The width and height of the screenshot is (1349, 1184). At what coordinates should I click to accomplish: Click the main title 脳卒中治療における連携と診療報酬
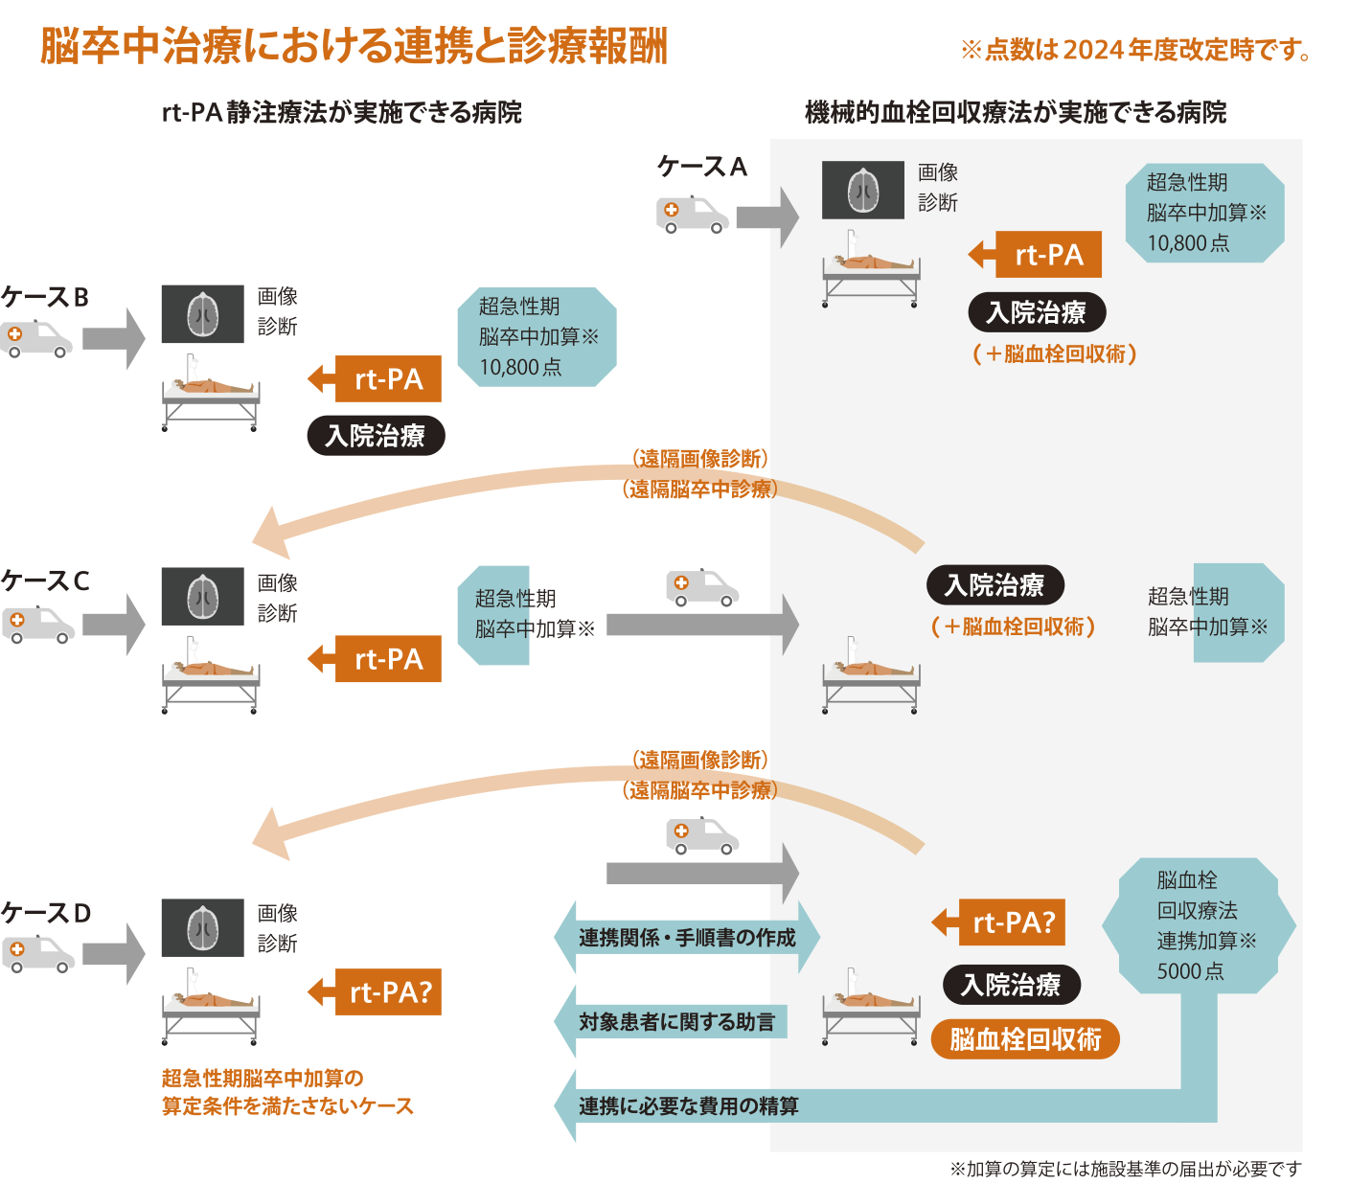click(x=354, y=46)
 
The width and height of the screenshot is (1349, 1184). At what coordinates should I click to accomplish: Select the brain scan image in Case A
click(x=863, y=190)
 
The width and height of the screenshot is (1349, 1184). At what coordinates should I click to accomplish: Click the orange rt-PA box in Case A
click(x=1048, y=255)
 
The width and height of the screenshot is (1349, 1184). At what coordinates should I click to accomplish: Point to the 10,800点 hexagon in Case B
click(x=537, y=336)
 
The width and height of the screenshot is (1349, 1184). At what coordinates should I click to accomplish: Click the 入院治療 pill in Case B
click(x=376, y=436)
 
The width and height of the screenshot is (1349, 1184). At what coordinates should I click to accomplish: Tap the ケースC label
click(x=45, y=581)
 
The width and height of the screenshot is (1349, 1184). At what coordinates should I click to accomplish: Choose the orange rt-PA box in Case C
click(x=388, y=659)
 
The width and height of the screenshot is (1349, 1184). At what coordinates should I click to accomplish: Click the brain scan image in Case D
click(x=202, y=927)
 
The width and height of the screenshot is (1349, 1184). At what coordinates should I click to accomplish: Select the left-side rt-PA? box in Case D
click(x=388, y=991)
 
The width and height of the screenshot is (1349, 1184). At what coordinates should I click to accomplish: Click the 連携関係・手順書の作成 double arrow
click(x=686, y=937)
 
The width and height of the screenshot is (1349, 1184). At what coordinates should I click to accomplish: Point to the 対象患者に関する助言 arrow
click(x=675, y=1021)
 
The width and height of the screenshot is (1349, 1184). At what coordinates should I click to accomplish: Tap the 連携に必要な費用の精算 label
click(x=688, y=1106)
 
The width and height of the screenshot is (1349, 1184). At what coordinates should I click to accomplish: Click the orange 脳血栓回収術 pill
click(x=1025, y=1039)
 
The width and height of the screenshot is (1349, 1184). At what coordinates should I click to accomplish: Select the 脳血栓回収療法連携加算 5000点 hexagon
click(x=1199, y=925)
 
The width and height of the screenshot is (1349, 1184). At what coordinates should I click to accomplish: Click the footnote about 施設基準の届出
click(x=1126, y=1169)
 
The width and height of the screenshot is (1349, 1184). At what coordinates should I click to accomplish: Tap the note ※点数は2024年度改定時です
click(x=1136, y=50)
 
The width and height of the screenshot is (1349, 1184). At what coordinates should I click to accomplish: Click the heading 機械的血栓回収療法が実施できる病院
click(x=1016, y=113)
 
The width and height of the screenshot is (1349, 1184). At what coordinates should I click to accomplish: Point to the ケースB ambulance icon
click(x=36, y=339)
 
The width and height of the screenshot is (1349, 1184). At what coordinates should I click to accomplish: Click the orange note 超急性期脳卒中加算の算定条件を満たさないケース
click(x=287, y=1092)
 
